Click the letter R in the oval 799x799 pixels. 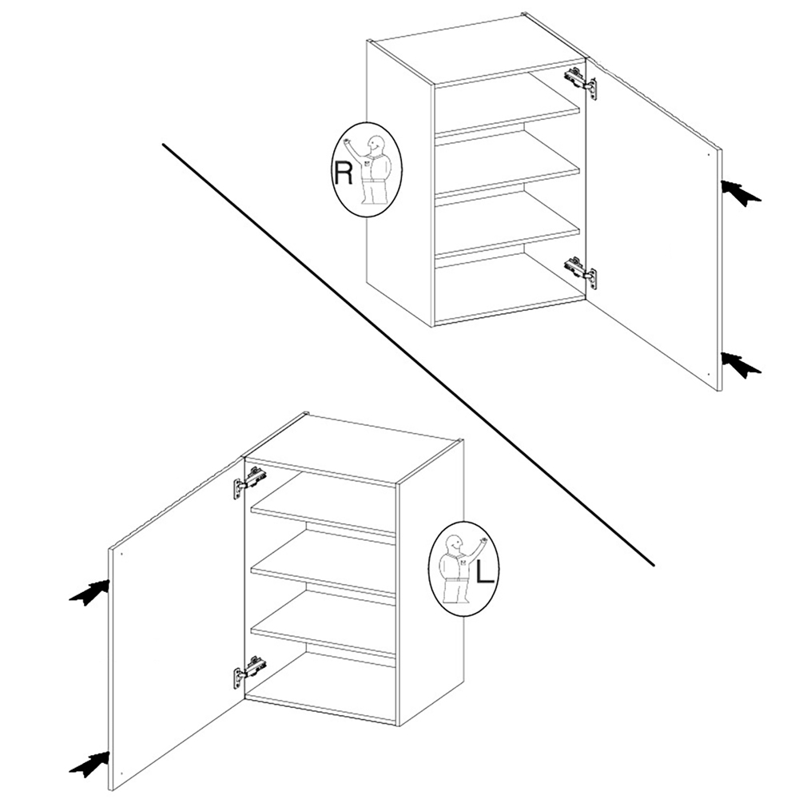tap(343, 173)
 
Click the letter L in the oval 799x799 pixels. tap(485, 573)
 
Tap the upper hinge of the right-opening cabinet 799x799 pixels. tap(580, 81)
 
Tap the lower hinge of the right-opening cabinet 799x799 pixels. tap(580, 270)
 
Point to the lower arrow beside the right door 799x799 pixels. tap(741, 365)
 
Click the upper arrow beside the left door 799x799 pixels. tap(90, 593)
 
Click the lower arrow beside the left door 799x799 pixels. tap(90, 765)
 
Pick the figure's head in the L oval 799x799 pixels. tap(453, 543)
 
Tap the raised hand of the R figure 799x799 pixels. tap(348, 140)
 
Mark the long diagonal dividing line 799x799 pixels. tap(407, 355)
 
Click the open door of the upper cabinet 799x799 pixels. tap(655, 225)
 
